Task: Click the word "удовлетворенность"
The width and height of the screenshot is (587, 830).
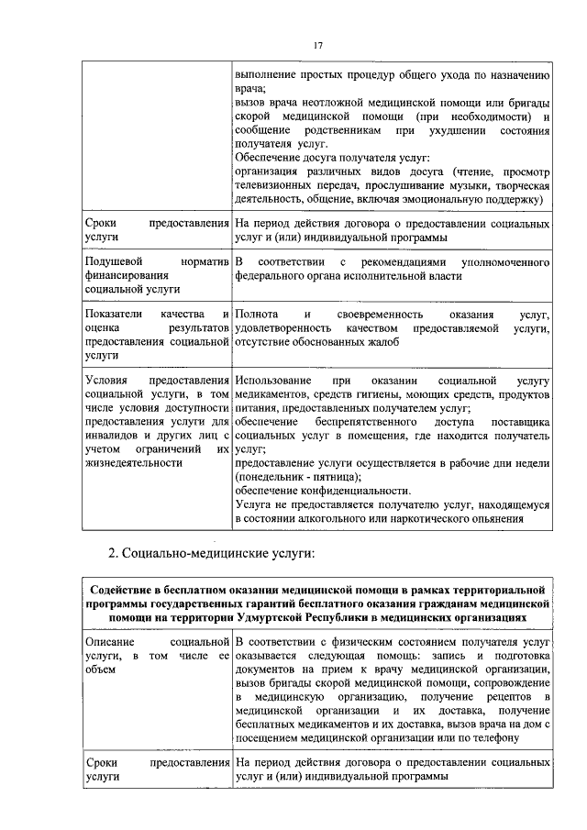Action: [x=282, y=328]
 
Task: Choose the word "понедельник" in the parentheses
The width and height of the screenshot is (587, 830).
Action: [x=271, y=477]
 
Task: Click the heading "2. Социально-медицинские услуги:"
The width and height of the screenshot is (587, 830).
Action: [x=211, y=553]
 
